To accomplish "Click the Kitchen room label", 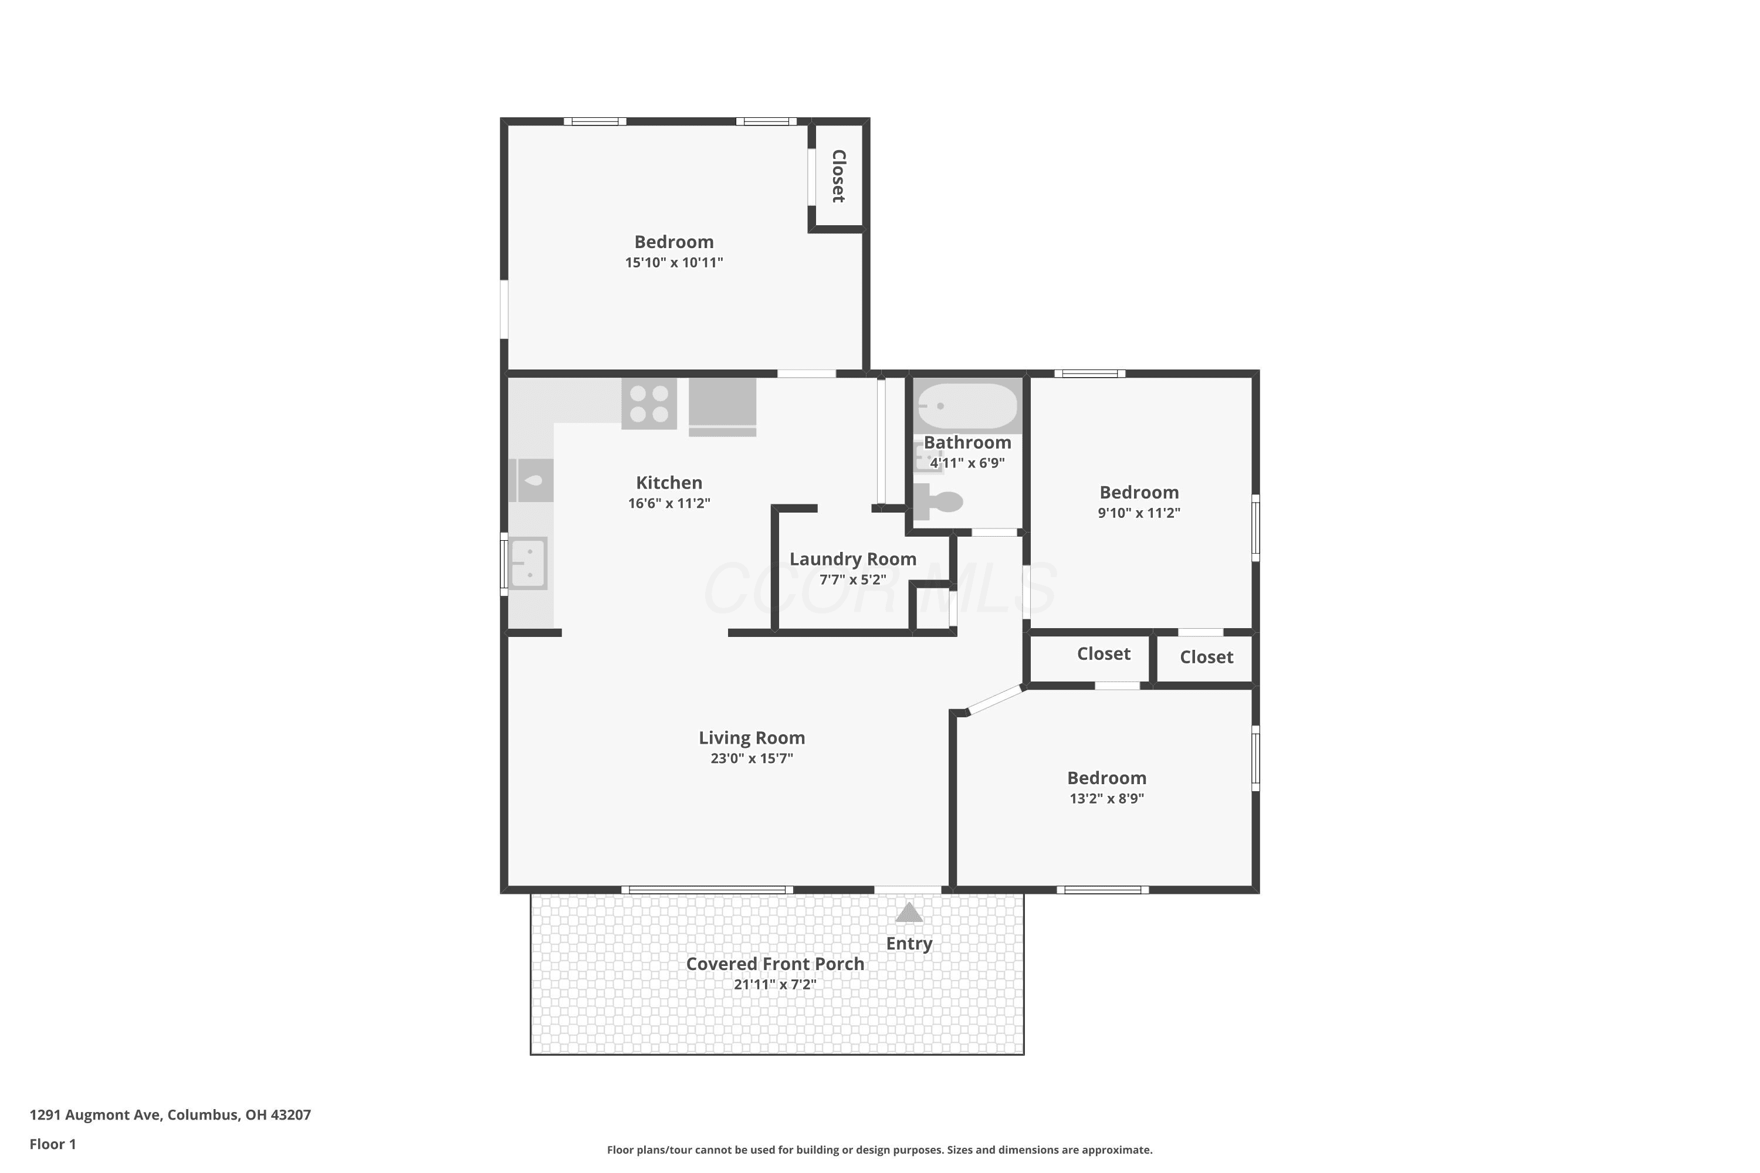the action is pos(669,483).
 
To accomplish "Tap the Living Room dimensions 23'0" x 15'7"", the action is pos(752,758).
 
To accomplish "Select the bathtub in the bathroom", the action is pos(967,405).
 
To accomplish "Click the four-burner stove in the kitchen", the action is pos(649,404).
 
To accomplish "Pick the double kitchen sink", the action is pos(529,563).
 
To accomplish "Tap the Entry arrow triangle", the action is pos(909,912).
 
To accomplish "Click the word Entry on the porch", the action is pos(909,943).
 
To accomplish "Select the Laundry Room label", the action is pos(853,559).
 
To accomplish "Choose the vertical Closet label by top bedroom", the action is pos(839,176).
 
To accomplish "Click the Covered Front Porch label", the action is pos(775,964).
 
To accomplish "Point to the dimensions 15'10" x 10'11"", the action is pos(674,263).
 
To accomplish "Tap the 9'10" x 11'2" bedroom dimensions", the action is pos(1139,513).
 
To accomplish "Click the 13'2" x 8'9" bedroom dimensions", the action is pos(1106,798).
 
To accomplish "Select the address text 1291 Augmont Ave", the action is pos(95,1115).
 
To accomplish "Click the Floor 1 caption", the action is pos(53,1144).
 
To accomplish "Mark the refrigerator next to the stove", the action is pos(722,407).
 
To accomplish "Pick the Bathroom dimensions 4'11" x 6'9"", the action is pos(967,463).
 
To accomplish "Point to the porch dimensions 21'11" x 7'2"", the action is pos(775,985).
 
